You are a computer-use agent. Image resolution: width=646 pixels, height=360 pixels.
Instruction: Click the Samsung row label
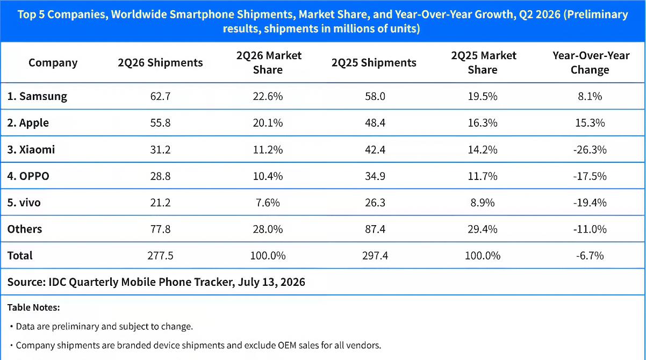coord(37,96)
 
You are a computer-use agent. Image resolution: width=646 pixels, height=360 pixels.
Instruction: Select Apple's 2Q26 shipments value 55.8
coord(160,123)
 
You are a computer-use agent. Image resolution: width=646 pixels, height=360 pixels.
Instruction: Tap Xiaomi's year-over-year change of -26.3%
coord(590,150)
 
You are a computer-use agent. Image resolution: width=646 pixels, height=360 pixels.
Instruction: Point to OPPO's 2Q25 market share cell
coord(483,176)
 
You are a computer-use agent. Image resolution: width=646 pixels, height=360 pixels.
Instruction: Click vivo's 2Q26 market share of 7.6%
coord(268,203)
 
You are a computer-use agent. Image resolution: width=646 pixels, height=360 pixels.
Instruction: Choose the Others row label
coord(25,229)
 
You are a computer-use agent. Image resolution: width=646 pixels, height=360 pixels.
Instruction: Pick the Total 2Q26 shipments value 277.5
coord(160,256)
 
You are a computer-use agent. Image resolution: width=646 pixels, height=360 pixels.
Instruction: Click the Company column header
coord(53,63)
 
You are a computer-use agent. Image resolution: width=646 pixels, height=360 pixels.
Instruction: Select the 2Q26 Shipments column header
coord(160,63)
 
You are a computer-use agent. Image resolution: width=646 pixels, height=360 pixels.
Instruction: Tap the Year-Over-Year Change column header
coord(591,62)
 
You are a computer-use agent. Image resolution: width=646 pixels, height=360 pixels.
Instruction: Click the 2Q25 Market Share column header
coord(483,62)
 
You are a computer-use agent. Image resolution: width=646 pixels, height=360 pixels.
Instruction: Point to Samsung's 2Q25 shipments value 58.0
coord(375,96)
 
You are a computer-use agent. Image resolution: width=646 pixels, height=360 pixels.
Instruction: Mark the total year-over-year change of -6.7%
coord(590,256)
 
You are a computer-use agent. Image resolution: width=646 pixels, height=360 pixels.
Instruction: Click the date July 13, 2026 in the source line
coord(271,282)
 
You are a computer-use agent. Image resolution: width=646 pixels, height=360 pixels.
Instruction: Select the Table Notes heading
coord(33,307)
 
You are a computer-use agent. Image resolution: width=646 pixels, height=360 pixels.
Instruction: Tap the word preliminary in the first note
coord(76,327)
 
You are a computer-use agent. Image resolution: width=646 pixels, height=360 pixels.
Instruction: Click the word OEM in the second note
coord(287,345)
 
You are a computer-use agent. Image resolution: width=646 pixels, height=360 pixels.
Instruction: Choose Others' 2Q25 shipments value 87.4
coord(375,229)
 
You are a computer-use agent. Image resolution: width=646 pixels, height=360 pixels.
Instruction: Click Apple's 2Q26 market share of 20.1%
coord(268,123)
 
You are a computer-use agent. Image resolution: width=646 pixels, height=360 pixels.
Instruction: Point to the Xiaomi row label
coord(31,149)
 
